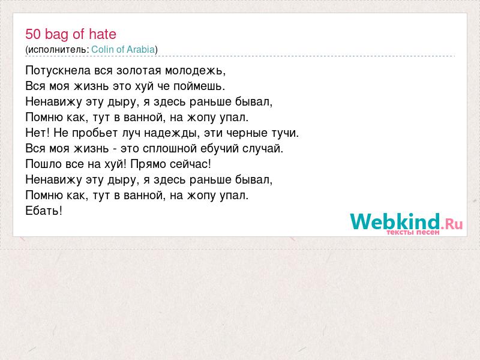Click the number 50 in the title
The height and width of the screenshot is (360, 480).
point(33,34)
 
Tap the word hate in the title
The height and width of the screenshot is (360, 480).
point(103,34)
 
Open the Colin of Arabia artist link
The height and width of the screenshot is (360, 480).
point(123,49)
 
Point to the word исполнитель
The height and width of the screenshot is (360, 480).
point(59,50)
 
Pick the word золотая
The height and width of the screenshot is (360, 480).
point(139,71)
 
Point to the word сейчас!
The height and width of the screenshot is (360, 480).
point(190,164)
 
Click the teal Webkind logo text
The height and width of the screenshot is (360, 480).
point(395,221)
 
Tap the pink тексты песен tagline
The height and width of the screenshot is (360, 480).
point(413,232)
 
